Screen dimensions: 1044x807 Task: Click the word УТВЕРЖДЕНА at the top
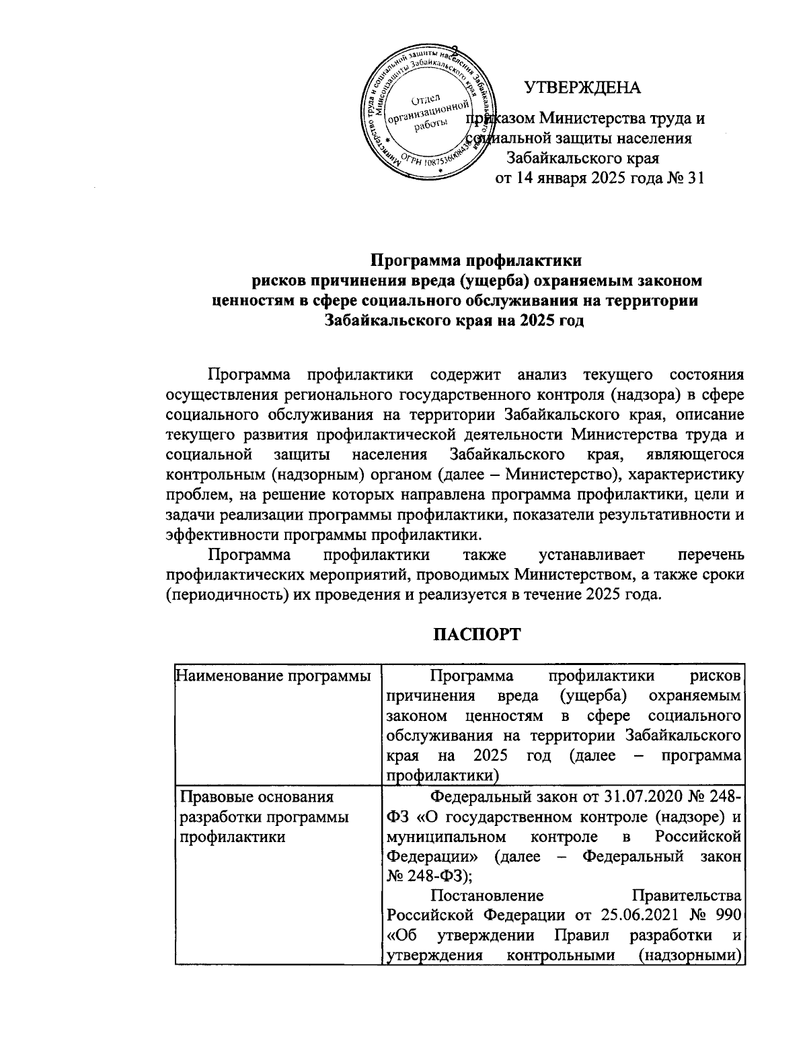tap(582, 88)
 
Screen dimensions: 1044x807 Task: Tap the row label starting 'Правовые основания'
tap(255, 798)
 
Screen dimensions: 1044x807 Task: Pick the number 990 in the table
tap(726, 917)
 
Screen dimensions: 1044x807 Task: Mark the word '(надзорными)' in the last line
tap(700, 956)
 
